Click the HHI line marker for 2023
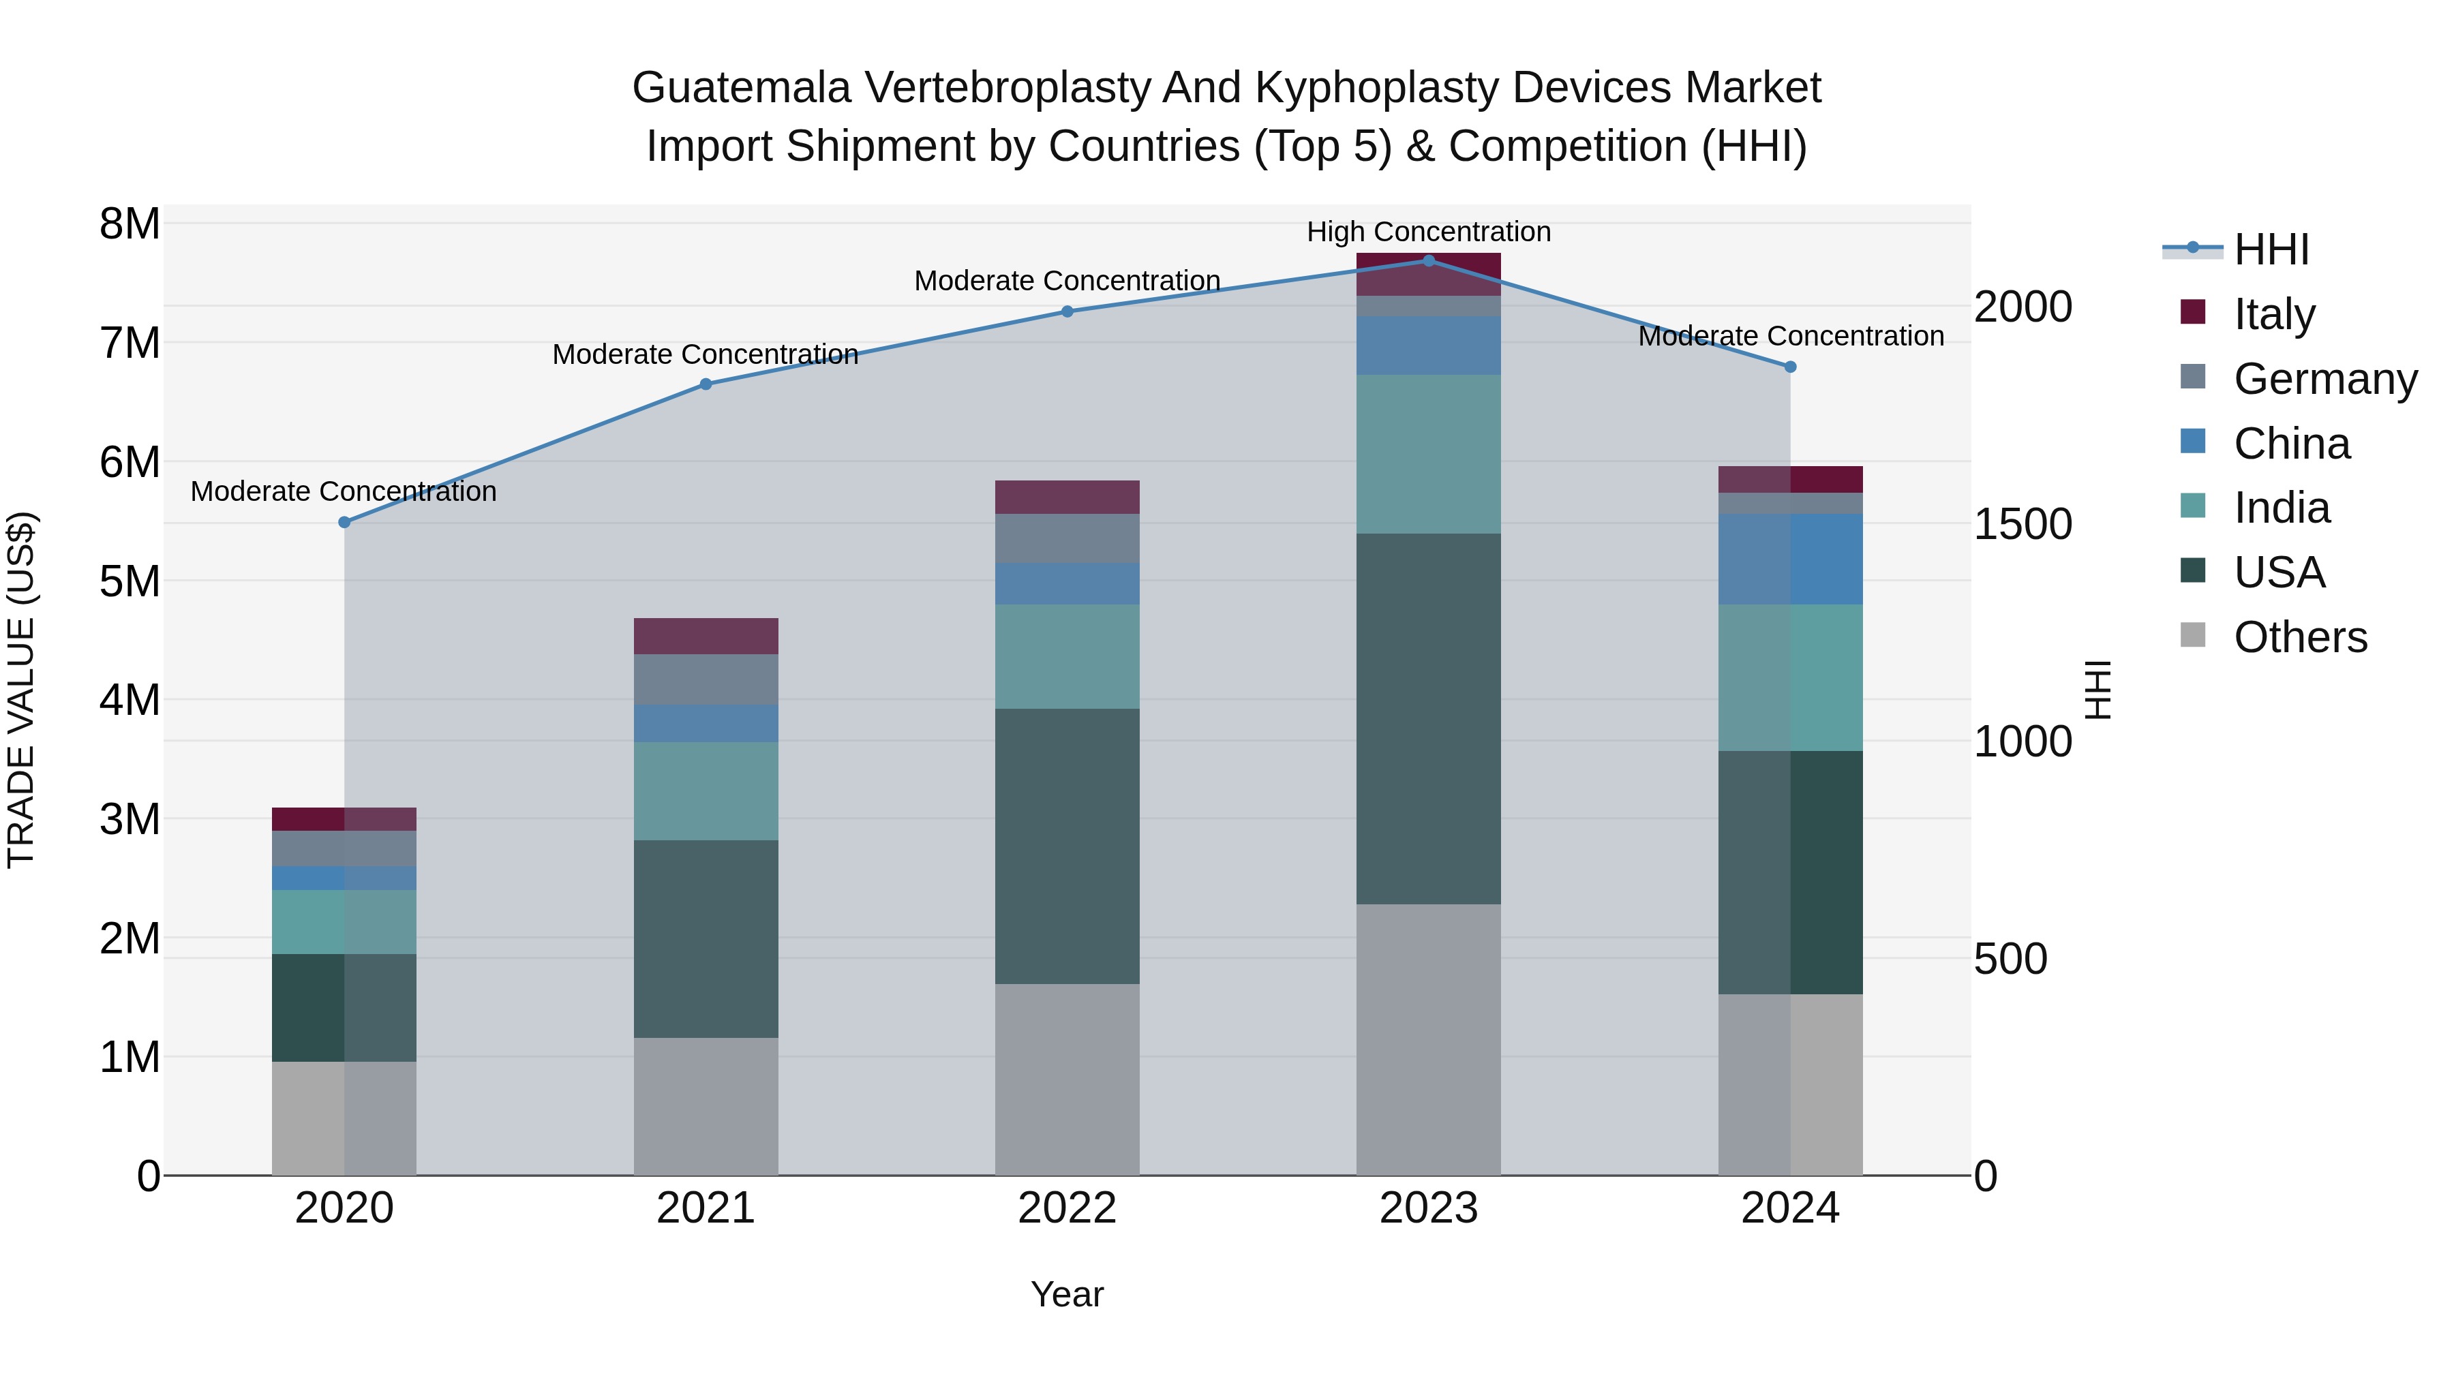[1428, 260]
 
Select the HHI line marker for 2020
[345, 522]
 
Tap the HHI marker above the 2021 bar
[706, 384]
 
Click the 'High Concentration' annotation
[1428, 232]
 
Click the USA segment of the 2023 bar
[1428, 718]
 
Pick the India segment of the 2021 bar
[706, 791]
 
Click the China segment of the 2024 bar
[1790, 559]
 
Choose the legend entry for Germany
[2324, 379]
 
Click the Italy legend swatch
[2193, 312]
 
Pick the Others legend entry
[2300, 637]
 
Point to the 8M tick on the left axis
[130, 225]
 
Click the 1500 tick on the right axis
[2022, 524]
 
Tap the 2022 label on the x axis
[1067, 1208]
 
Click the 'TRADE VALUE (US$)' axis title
[21, 690]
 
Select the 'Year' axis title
[1067, 1294]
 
